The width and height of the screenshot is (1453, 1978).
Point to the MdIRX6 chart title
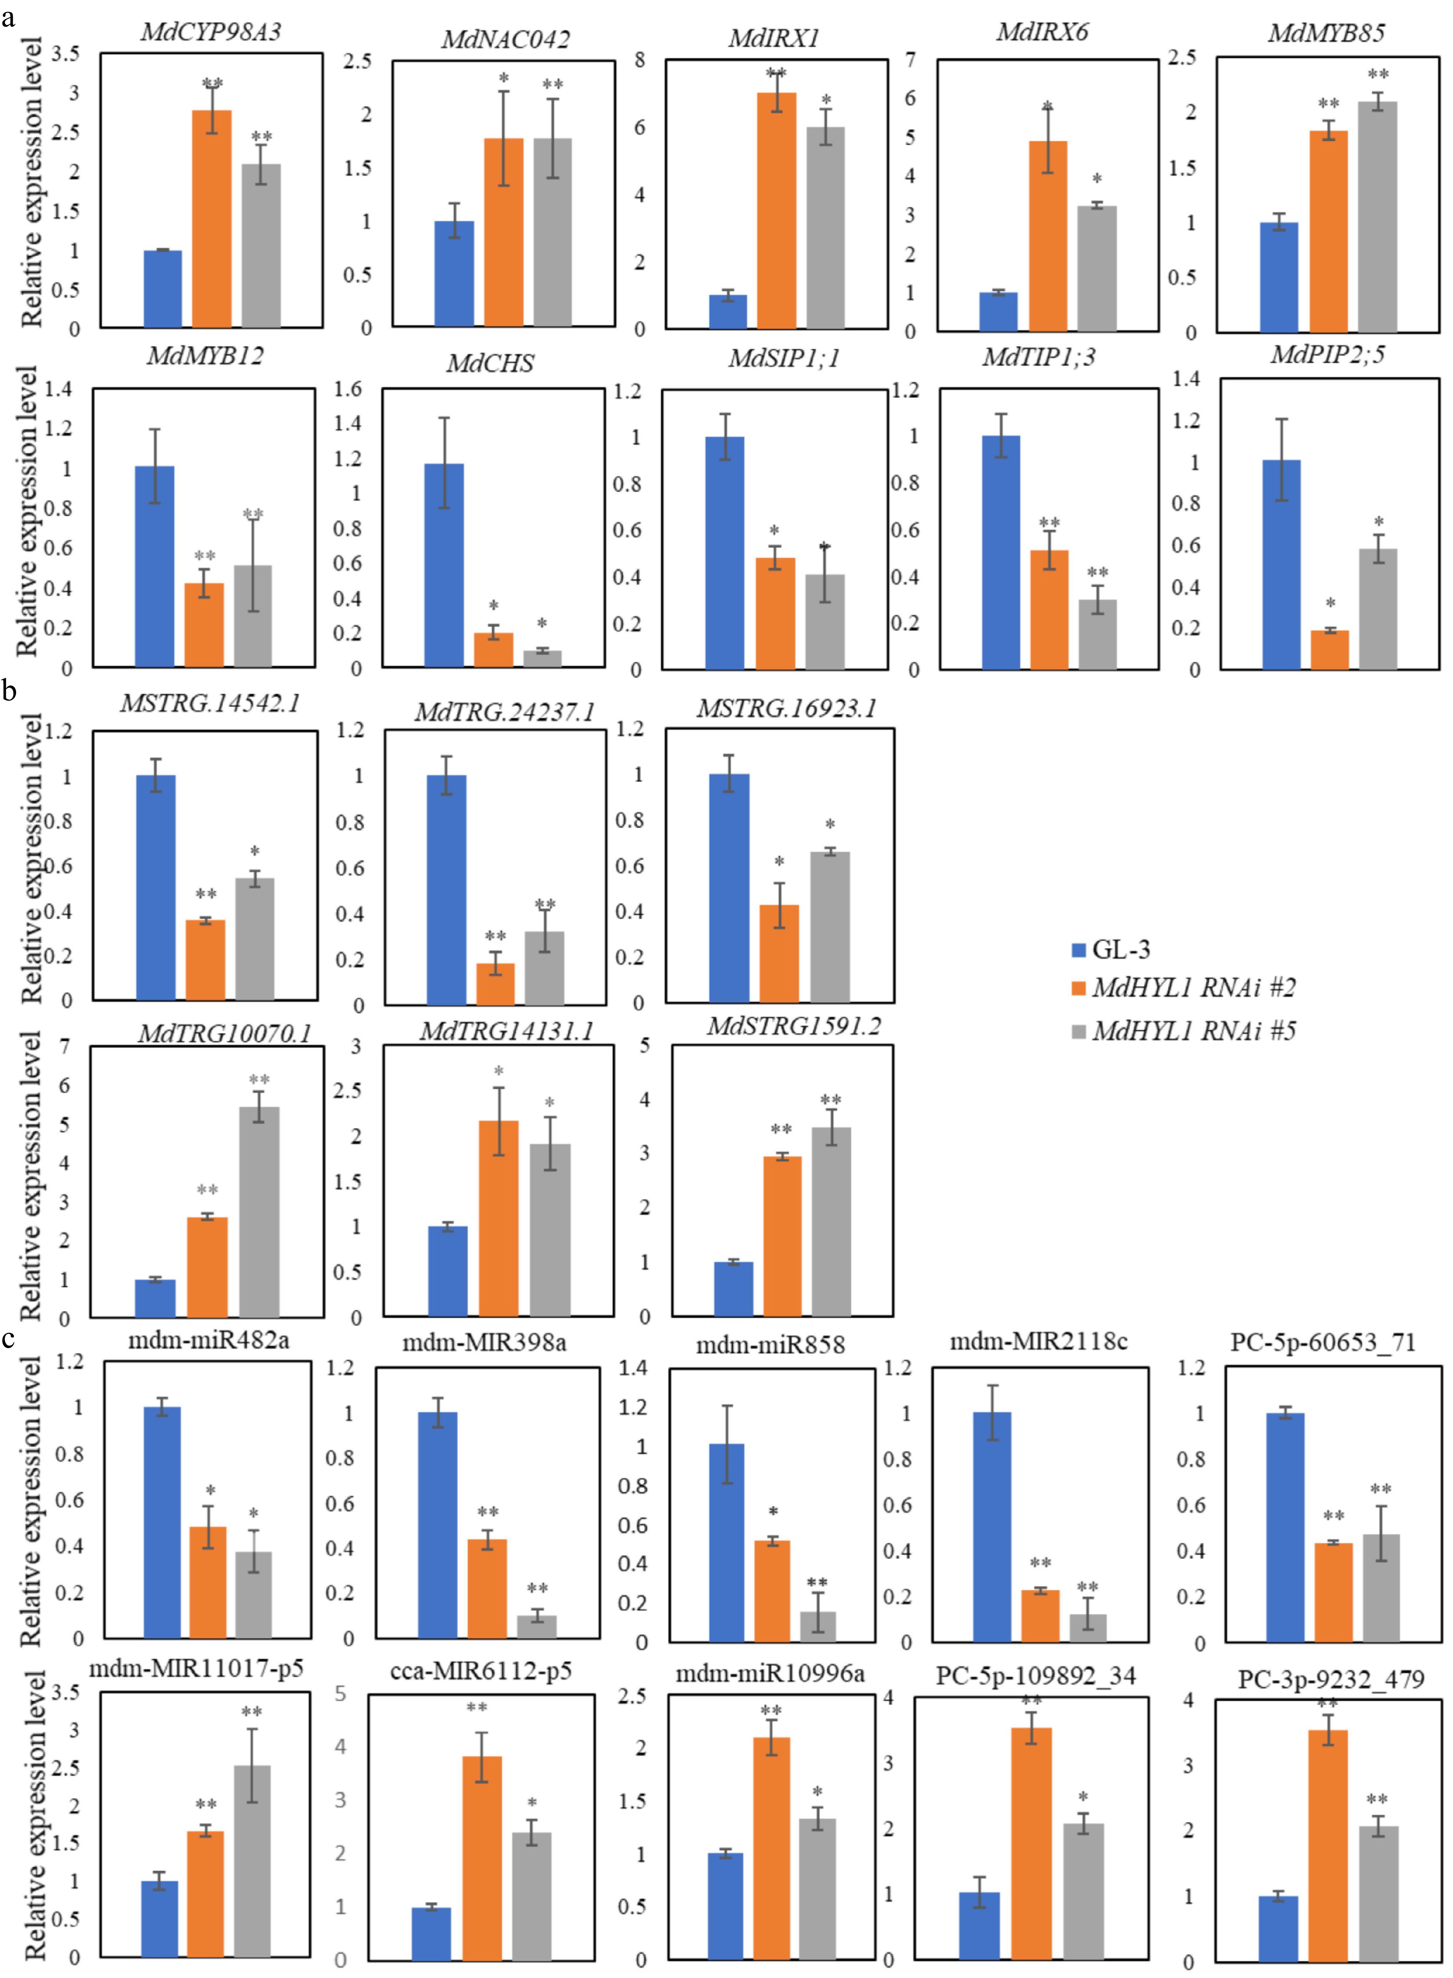click(x=1042, y=33)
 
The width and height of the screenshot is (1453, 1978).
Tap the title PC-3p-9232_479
click(x=1331, y=1680)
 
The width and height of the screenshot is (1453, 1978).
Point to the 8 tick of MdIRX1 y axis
click(x=639, y=60)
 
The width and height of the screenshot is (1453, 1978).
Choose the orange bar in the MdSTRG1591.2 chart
click(x=782, y=1236)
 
